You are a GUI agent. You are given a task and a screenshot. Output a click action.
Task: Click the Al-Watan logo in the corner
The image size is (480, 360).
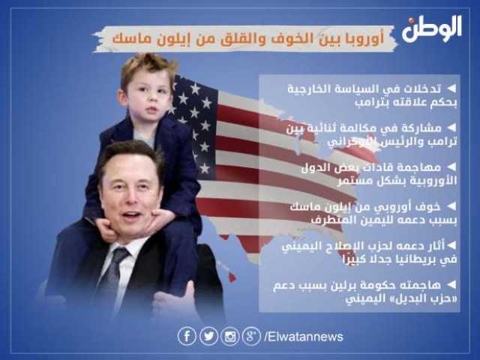click(432, 28)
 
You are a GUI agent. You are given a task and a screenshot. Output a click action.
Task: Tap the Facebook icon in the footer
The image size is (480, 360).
click(187, 337)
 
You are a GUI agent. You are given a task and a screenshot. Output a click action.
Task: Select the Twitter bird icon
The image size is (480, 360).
click(208, 337)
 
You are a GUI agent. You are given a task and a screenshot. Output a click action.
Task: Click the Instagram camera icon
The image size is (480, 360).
click(230, 337)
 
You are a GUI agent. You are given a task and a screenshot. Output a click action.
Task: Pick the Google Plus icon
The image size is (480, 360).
click(251, 337)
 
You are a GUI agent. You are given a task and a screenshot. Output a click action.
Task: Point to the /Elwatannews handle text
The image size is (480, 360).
click(303, 337)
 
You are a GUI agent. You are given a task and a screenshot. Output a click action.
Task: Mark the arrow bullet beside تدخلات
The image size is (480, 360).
click(451, 88)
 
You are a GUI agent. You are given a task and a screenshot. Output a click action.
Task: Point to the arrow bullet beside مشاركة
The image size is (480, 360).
click(451, 128)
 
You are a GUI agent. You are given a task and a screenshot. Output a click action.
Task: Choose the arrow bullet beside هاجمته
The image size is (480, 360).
click(451, 285)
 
